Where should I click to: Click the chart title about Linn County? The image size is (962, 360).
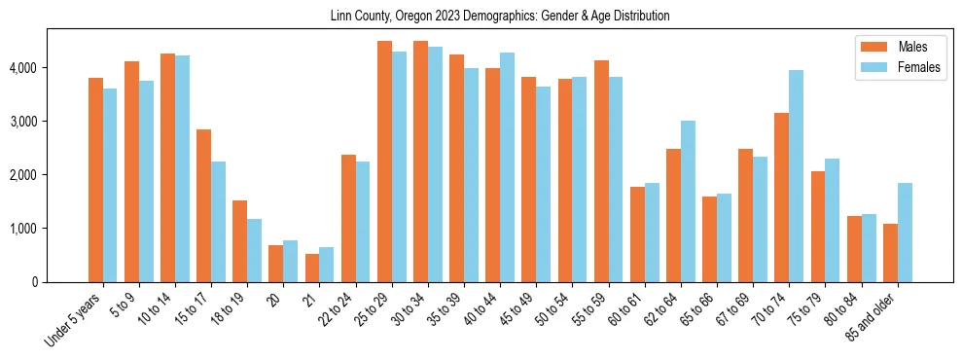click(481, 17)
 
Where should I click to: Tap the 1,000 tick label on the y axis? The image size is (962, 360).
click(24, 229)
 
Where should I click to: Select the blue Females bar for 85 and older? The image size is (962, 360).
click(906, 233)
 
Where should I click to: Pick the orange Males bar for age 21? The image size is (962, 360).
click(312, 268)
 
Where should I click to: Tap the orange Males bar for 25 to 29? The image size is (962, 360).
click(384, 162)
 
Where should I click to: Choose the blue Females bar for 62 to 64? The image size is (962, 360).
click(689, 201)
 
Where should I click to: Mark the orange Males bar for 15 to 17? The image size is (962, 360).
click(203, 205)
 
